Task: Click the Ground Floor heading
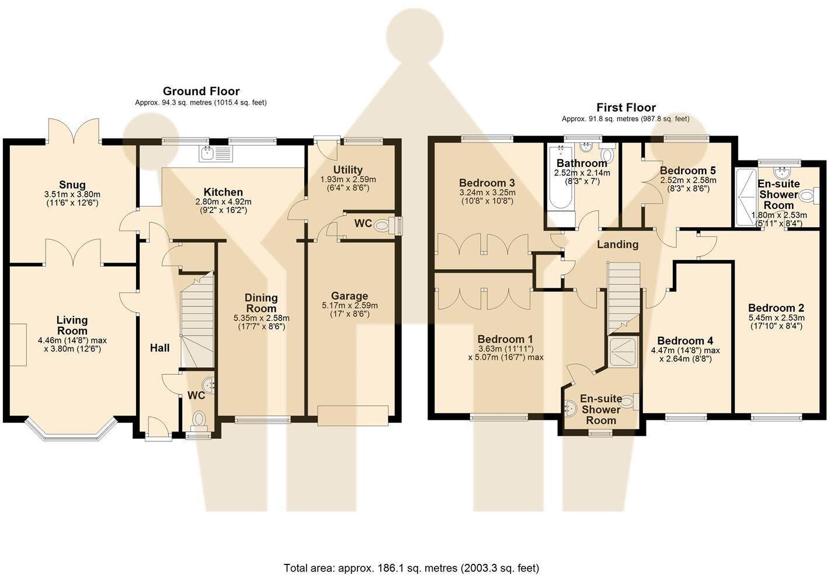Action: click(201, 91)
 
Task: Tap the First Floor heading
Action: click(626, 107)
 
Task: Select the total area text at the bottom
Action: click(411, 567)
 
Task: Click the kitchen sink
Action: click(216, 154)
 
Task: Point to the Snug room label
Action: click(72, 185)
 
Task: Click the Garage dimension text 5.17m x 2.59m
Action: click(349, 305)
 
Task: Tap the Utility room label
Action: click(348, 170)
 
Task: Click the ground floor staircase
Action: click(196, 321)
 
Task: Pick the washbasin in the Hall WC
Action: click(209, 385)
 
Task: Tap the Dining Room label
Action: click(261, 303)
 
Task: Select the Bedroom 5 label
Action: click(687, 170)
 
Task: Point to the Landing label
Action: click(617, 244)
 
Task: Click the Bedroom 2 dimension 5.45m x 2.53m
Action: click(776, 318)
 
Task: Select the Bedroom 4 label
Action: click(685, 341)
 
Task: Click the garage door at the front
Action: click(353, 415)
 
